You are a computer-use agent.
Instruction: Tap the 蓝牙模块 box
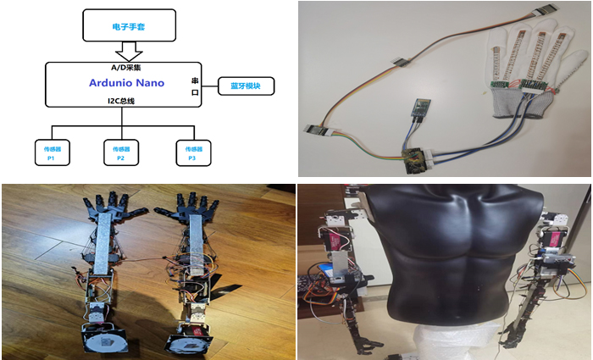pos(247,86)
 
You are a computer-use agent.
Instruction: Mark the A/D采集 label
pos(127,66)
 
